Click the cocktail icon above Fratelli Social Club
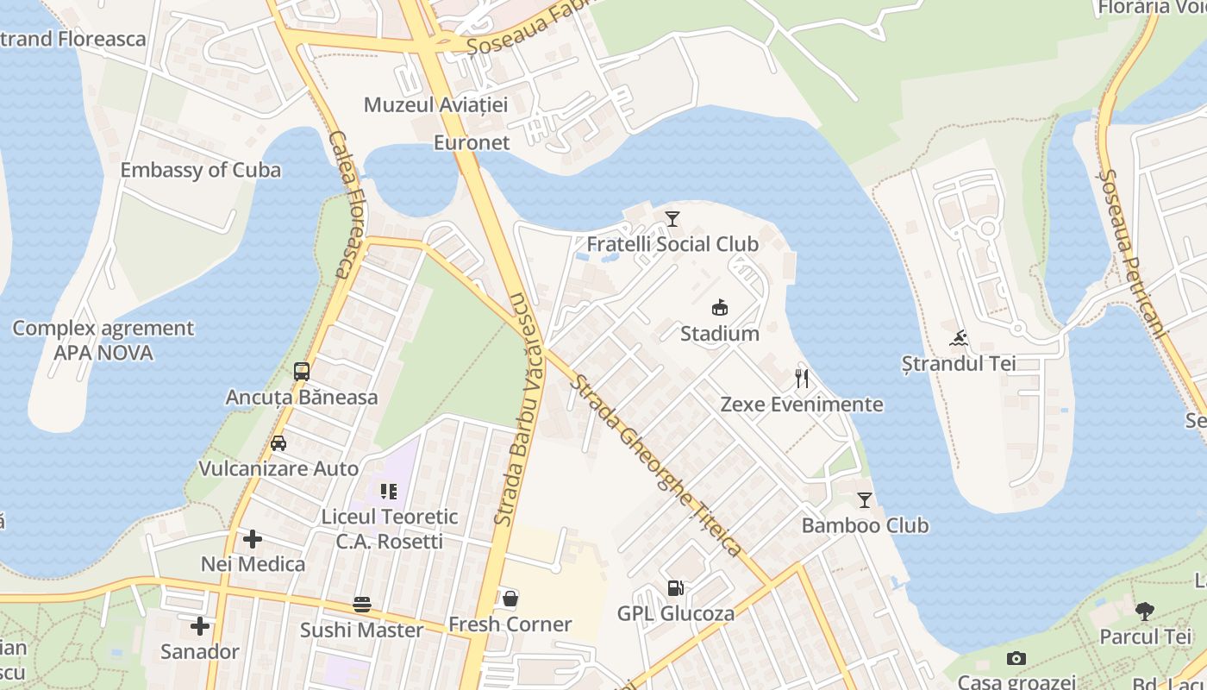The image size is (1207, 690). click(x=672, y=219)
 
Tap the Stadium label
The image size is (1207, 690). click(x=720, y=334)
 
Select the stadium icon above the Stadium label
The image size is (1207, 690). click(x=720, y=307)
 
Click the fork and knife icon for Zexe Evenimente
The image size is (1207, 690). click(x=802, y=378)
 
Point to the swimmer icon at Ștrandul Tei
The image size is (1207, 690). click(x=959, y=337)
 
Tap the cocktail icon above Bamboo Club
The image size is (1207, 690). click(x=865, y=499)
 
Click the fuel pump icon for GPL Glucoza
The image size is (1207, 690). click(x=676, y=588)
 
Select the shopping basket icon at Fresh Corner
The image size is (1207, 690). click(x=510, y=598)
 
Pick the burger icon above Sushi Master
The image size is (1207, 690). click(x=362, y=604)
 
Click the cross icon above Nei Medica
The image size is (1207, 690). click(x=253, y=539)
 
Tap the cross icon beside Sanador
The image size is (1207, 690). click(x=200, y=625)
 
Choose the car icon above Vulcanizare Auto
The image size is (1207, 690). click(x=278, y=443)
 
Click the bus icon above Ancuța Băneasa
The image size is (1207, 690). click(x=302, y=372)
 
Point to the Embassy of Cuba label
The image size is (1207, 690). click(x=200, y=170)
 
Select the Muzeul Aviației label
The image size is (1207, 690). click(x=435, y=105)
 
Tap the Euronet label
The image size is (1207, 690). click(x=472, y=142)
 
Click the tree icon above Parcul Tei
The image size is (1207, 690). click(x=1145, y=612)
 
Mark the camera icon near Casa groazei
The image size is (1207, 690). click(x=1016, y=659)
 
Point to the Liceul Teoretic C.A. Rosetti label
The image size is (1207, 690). click(x=390, y=529)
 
